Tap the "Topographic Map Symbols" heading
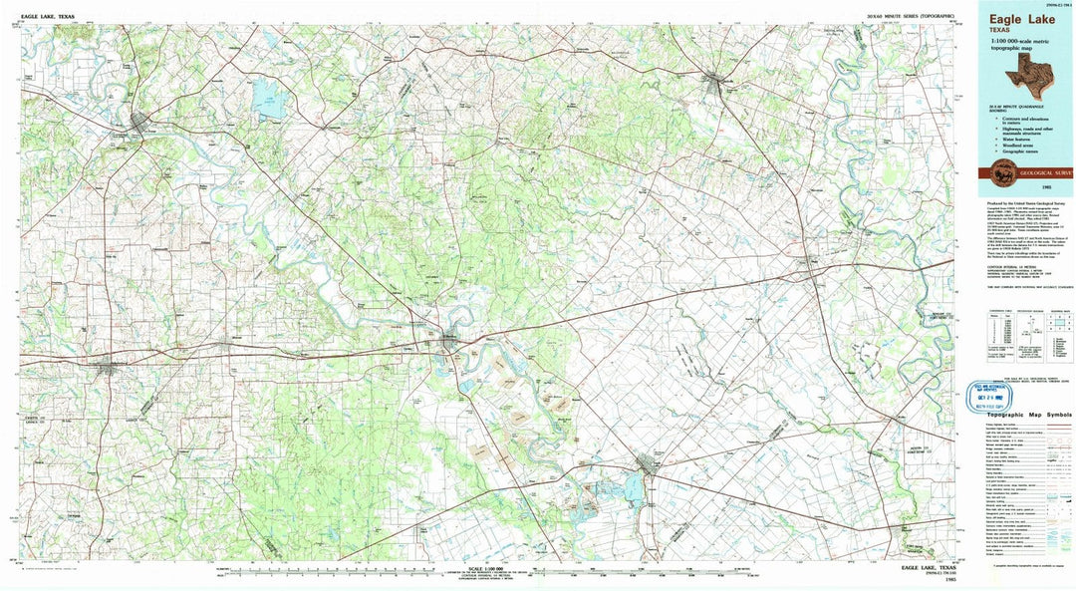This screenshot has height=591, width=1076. click(x=1027, y=414)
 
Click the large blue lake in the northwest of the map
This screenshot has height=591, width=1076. click(x=267, y=98)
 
